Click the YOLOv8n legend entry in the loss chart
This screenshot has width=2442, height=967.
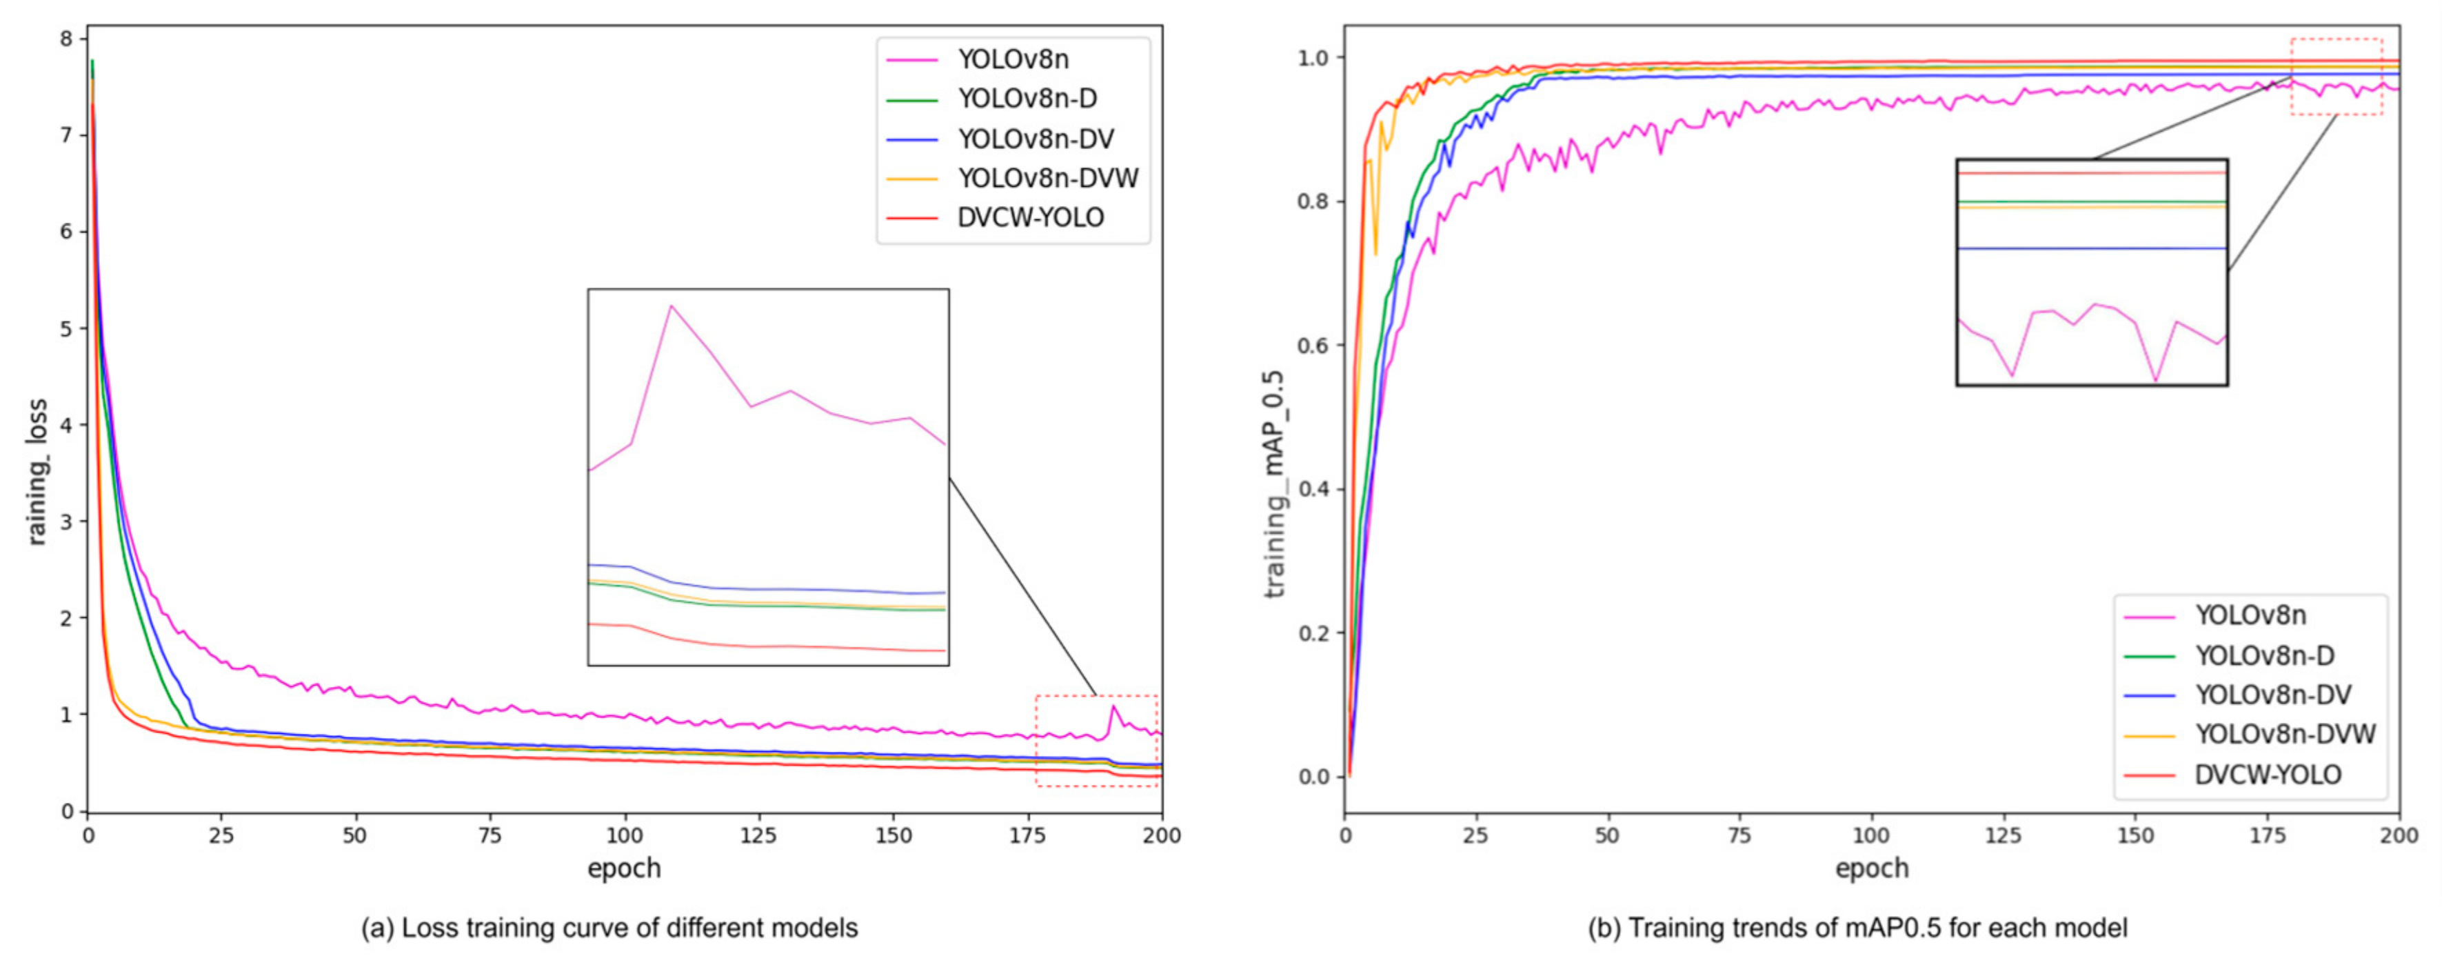coord(1012,60)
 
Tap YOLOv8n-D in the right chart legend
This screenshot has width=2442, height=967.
coord(2264,655)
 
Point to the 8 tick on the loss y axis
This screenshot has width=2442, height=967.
coord(66,39)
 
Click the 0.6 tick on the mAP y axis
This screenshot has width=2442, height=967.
coord(1313,345)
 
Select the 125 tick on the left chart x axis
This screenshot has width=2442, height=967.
coord(758,835)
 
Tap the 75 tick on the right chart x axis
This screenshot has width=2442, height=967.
coord(1739,835)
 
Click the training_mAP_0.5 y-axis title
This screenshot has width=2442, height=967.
coord(1275,483)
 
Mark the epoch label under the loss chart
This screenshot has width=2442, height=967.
coord(624,868)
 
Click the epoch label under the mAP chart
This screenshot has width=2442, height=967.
coord(1871,868)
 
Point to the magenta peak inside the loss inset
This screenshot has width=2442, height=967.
coord(670,306)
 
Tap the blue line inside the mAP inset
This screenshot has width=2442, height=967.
coord(2091,248)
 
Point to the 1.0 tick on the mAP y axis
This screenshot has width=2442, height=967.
coord(1313,58)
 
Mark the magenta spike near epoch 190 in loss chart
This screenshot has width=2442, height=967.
coord(1114,707)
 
